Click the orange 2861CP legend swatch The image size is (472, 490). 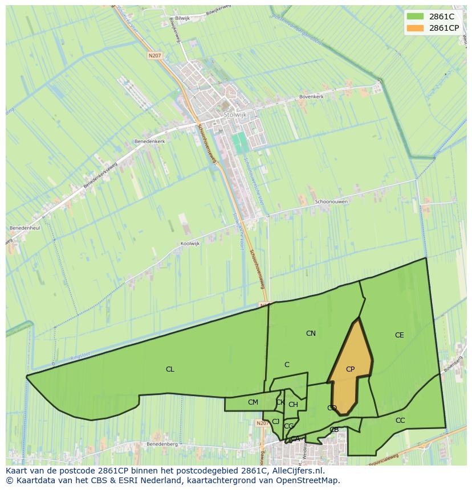click(x=416, y=28)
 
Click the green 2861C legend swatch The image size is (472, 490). click(x=416, y=17)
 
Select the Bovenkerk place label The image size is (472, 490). click(x=312, y=97)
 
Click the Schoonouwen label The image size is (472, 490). click(x=331, y=201)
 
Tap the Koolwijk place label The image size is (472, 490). click(x=190, y=244)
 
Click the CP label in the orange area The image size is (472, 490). click(x=350, y=369)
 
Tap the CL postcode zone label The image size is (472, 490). click(x=170, y=369)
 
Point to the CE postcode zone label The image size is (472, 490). click(x=399, y=335)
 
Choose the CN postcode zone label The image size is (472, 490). click(x=311, y=333)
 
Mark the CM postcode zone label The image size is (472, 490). click(x=253, y=402)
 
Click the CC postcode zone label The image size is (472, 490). click(x=400, y=421)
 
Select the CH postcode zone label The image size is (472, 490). click(x=293, y=405)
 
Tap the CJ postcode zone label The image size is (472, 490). click(x=275, y=422)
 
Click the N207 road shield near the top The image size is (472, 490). click(x=154, y=56)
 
